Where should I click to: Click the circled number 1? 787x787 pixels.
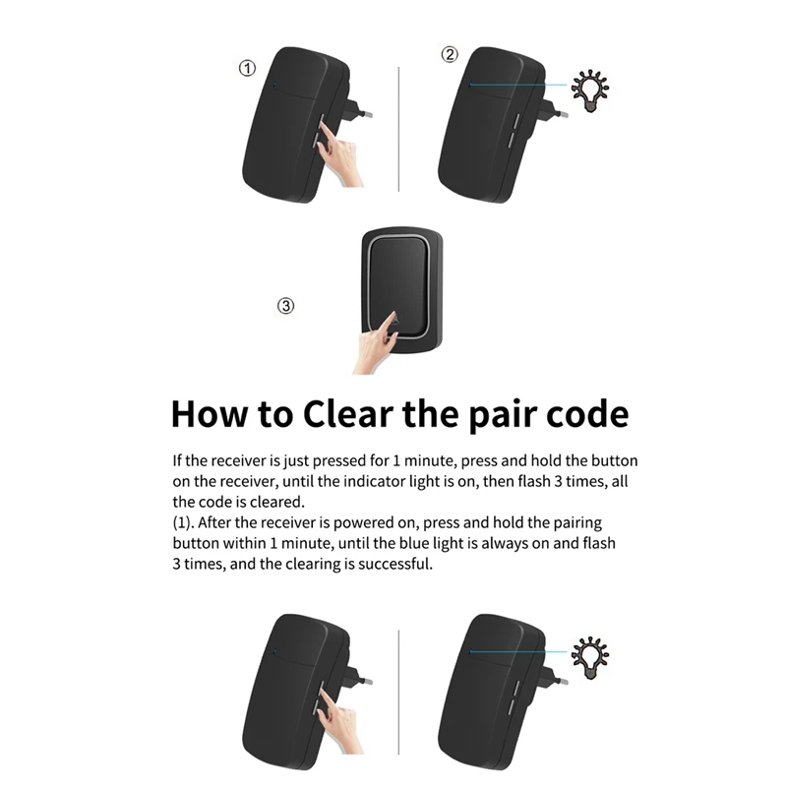(247, 68)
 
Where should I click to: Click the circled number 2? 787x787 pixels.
(450, 54)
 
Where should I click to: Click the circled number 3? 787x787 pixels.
(285, 306)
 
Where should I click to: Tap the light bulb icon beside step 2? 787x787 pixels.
(590, 91)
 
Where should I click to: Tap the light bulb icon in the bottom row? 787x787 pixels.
(590, 658)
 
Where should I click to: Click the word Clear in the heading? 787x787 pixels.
(348, 414)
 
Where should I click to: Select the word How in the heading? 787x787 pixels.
(210, 414)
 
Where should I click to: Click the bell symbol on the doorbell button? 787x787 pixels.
(395, 318)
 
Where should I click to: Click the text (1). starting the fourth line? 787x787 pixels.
(183, 523)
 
